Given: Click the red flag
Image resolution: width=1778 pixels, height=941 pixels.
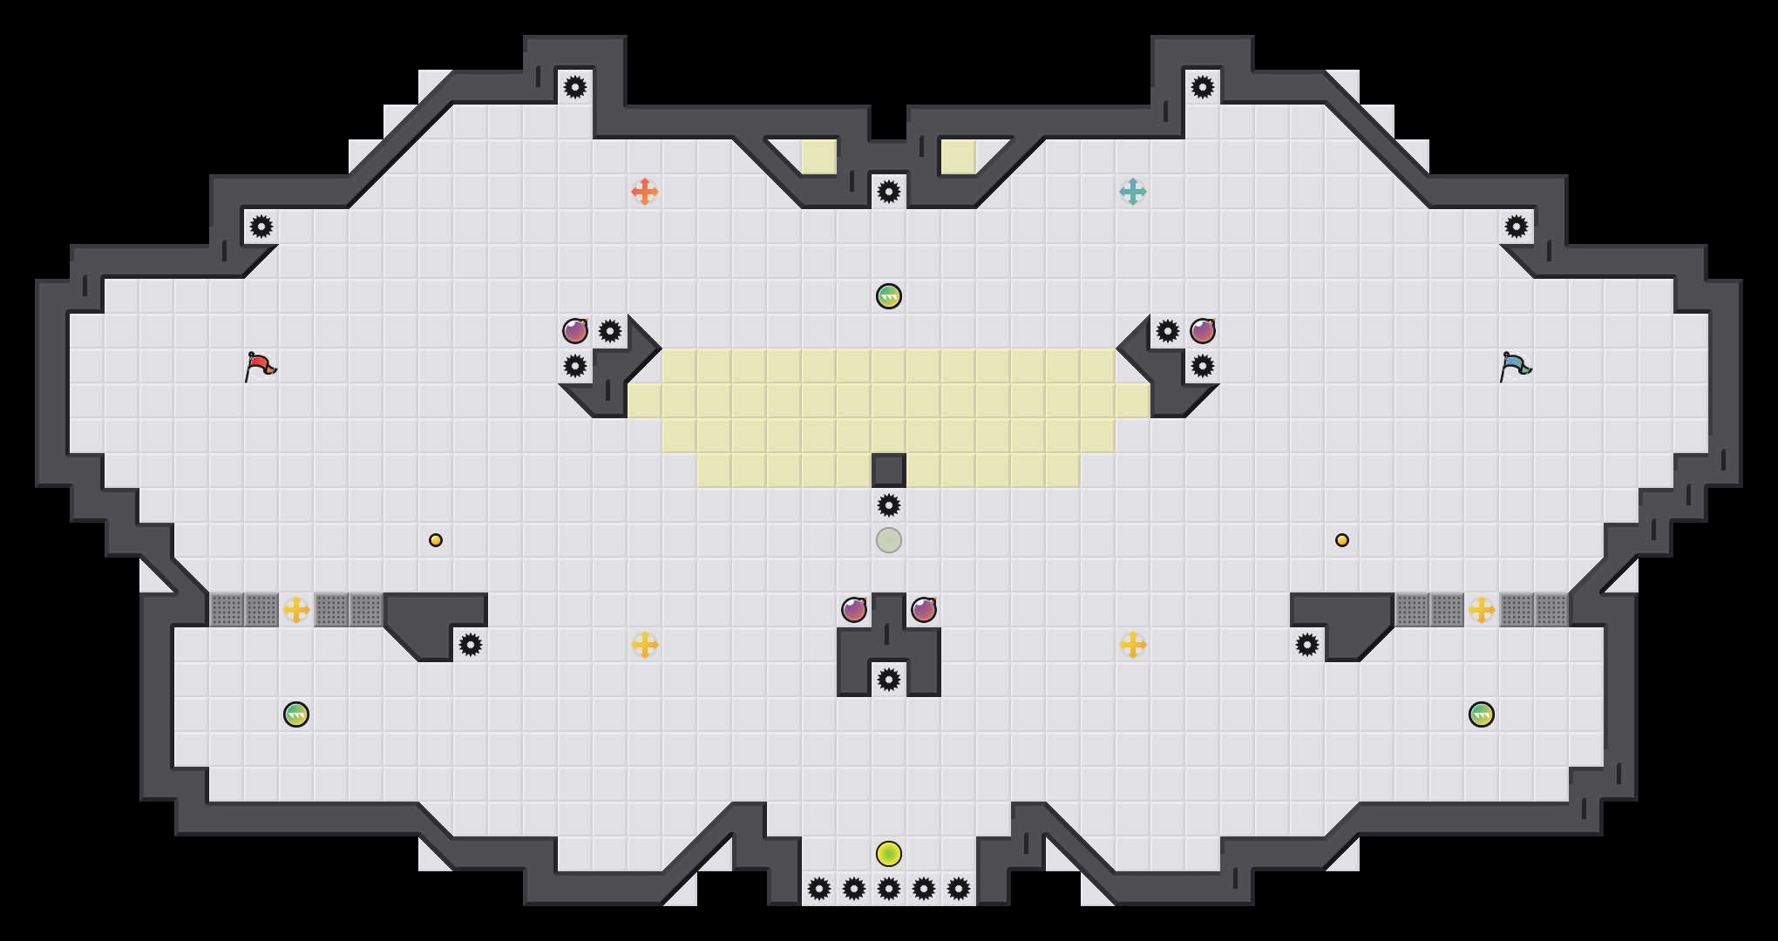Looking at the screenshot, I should pyautogui.click(x=260, y=367).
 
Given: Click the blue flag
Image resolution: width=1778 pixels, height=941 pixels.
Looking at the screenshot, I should pyautogui.click(x=1515, y=367).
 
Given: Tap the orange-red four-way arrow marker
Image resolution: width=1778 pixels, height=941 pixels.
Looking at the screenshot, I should pyautogui.click(x=645, y=192).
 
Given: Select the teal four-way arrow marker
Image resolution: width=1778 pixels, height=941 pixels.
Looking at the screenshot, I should pyautogui.click(x=1133, y=192).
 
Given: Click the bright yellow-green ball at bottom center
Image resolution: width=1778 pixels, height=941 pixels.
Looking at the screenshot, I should pyautogui.click(x=889, y=854).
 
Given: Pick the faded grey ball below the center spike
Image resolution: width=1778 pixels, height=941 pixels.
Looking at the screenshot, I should pyautogui.click(x=889, y=540).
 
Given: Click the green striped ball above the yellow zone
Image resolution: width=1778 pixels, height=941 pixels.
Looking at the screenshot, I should pyautogui.click(x=889, y=296).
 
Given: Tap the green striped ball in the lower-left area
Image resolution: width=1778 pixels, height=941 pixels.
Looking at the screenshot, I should pyautogui.click(x=296, y=714).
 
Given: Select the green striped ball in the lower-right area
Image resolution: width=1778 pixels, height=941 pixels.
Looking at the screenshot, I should pyautogui.click(x=1482, y=714).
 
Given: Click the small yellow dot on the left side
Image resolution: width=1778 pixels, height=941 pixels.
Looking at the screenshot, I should pyautogui.click(x=436, y=540).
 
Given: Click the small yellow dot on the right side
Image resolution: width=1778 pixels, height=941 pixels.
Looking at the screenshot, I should pyautogui.click(x=1342, y=540).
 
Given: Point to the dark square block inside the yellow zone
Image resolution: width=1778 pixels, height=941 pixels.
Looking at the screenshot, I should pyautogui.click(x=889, y=470).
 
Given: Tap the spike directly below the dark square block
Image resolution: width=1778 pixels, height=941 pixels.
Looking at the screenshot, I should pyautogui.click(x=889, y=505).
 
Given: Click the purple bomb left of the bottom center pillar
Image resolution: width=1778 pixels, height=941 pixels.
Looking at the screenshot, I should pyautogui.click(x=854, y=610).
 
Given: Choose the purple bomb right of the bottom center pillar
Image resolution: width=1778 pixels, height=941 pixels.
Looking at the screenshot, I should pyautogui.click(x=924, y=610).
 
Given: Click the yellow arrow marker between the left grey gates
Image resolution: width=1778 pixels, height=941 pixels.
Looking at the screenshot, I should pyautogui.click(x=296, y=610).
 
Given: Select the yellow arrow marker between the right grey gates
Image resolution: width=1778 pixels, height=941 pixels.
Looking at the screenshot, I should pyautogui.click(x=1482, y=610).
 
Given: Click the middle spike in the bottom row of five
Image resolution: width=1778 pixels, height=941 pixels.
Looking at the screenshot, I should pyautogui.click(x=889, y=889).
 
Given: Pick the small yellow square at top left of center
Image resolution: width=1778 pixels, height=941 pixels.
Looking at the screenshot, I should pyautogui.click(x=819, y=157).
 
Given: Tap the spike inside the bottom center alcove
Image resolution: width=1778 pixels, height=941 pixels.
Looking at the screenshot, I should pyautogui.click(x=889, y=680).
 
